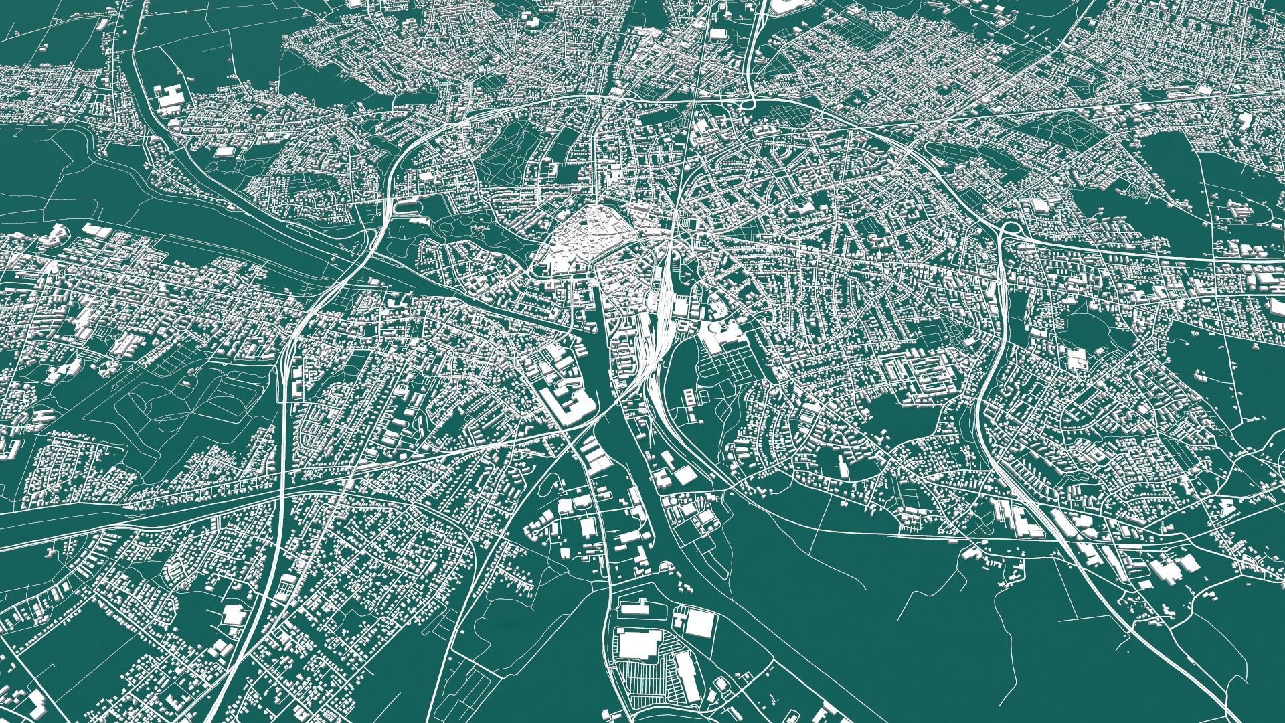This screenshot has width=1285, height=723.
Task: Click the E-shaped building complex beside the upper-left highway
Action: [x=171, y=98]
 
